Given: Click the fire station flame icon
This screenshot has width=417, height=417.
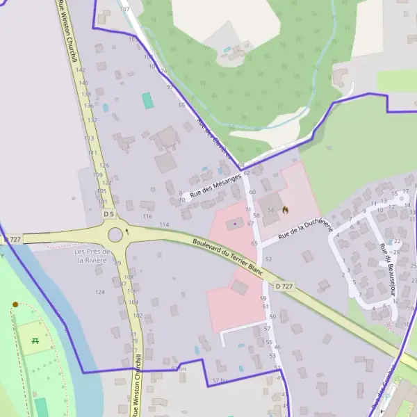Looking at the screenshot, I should click(x=286, y=208).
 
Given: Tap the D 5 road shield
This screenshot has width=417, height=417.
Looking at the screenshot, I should click(x=108, y=215).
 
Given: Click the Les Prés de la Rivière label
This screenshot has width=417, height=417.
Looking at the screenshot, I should click(x=90, y=255).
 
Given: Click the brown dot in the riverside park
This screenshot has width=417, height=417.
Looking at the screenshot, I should click(x=15, y=304).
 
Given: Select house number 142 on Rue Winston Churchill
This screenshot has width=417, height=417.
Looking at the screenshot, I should click(x=81, y=70).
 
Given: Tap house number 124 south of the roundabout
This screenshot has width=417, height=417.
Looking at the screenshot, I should click(x=100, y=292).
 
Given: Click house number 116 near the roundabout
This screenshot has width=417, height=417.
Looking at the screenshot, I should click(x=147, y=216).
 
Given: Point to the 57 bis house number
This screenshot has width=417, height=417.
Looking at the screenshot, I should click(x=220, y=381).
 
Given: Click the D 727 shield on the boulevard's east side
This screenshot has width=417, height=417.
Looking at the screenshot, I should click(x=282, y=286).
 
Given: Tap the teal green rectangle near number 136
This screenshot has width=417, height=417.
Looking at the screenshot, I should click(x=147, y=101).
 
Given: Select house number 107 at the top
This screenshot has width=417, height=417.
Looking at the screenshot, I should click(x=124, y=10).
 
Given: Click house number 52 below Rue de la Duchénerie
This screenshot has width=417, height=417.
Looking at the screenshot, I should click(x=268, y=259).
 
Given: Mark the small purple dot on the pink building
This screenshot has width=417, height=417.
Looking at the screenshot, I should click(x=234, y=224).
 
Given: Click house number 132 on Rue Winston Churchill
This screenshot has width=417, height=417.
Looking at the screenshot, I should click(x=92, y=120).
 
